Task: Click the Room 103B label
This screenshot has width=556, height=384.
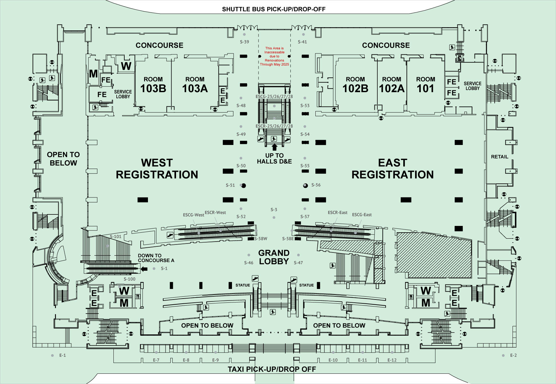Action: pos(153,85)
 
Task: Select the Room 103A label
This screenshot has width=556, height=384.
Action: pos(195,85)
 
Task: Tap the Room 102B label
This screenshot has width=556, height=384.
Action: pos(355,85)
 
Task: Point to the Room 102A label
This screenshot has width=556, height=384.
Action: pos(392,85)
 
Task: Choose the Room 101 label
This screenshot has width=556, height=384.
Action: pos(426,85)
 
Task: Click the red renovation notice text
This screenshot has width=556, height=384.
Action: pos(274,56)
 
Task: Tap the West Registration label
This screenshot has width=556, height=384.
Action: pos(157,169)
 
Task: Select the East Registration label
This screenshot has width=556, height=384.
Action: pos(393,169)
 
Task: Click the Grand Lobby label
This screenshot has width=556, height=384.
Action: pos(274,257)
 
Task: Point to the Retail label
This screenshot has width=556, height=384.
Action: pos(500,157)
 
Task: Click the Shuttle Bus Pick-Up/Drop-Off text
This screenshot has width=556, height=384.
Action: pos(274,9)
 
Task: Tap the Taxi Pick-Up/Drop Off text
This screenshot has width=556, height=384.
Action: pos(272,369)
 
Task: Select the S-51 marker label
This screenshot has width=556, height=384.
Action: pos(230,185)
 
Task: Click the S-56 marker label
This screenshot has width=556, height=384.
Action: pos(316,185)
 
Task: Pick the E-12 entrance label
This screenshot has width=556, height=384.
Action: pos(392,360)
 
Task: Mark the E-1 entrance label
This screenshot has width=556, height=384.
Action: pos(63,355)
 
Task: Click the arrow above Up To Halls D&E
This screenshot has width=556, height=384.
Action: pos(274,147)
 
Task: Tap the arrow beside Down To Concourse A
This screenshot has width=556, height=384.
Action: pos(144,269)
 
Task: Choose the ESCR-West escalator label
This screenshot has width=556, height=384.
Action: pos(215,212)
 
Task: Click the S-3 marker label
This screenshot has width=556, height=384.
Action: pos(274,210)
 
